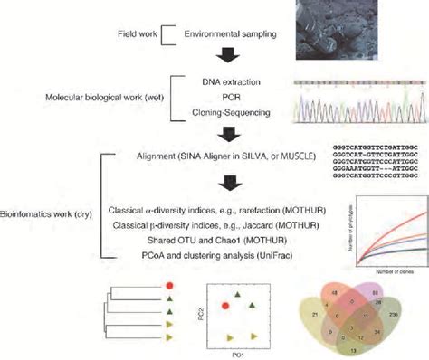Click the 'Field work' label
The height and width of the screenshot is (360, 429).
[x=138, y=35]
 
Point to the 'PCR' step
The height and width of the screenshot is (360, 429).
[x=225, y=97]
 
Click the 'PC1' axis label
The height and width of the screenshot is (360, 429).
[x=225, y=355]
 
